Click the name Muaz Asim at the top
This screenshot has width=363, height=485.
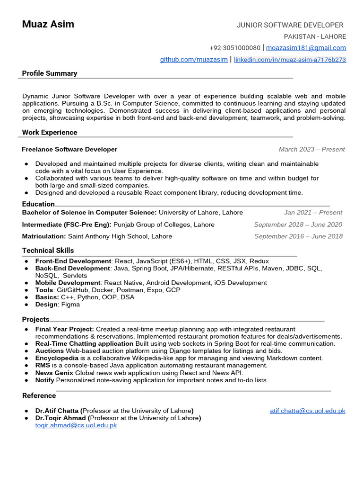point(48,24)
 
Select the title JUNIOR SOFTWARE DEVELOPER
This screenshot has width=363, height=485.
point(290,25)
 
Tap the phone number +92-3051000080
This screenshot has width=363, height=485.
point(235,48)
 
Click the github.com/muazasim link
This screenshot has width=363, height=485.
point(194,60)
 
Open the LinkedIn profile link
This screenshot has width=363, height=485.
point(290,60)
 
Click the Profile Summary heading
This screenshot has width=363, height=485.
point(50,73)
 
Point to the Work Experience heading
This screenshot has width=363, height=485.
point(50,133)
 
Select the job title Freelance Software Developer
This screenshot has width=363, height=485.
point(69,149)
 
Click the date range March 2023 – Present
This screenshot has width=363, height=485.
point(311,149)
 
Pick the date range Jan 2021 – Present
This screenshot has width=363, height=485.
point(313,213)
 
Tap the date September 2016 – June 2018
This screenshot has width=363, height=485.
point(298,236)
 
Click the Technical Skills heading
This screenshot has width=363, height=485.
point(48,251)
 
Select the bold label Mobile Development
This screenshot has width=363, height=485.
point(68,283)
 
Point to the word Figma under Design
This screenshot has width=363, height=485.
point(70,305)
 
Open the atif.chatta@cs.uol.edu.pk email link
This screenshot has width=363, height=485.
point(307,411)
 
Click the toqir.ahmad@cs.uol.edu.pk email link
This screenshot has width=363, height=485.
point(76,425)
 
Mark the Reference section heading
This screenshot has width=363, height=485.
point(39,396)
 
